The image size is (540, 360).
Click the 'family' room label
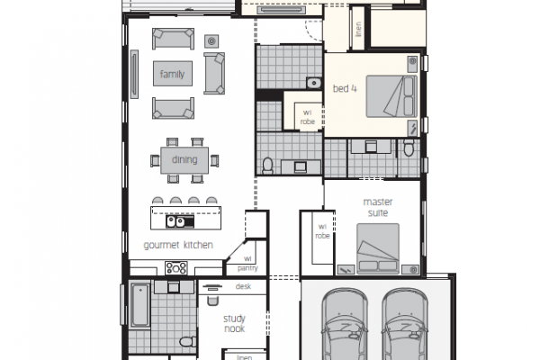click(172, 74)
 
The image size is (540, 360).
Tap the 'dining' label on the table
click(184, 159)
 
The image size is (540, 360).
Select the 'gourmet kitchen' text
click(178, 245)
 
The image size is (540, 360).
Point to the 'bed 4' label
click(345, 88)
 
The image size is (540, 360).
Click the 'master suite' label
click(378, 207)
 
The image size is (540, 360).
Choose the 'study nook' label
click(234, 323)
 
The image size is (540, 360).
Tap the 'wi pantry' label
click(247, 263)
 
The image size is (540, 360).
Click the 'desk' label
click(243, 286)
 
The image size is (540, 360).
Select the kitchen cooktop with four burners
click(176, 268)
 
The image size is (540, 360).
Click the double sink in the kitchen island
click(175, 221)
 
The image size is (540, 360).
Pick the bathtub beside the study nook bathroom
click(140, 305)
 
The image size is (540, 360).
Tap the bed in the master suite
click(378, 248)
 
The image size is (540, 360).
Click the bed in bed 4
click(391, 96)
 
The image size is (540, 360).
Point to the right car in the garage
click(405, 324)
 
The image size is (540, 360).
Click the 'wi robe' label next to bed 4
click(307, 117)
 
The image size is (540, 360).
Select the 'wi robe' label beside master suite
click(322, 231)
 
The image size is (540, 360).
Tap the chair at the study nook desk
click(212, 301)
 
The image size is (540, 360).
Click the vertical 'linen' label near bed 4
click(358, 29)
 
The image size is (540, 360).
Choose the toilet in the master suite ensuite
click(409, 148)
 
